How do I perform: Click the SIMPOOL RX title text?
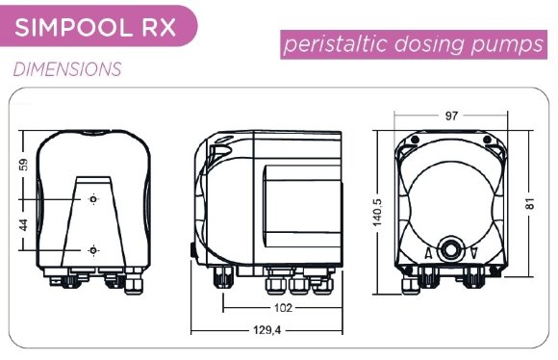(95, 27)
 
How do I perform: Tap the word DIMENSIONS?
(67, 69)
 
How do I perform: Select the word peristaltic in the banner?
(335, 44)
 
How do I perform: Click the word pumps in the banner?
(507, 45)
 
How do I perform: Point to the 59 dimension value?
(23, 165)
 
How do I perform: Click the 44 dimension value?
(23, 225)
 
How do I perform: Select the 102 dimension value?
(283, 308)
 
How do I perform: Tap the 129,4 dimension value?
(266, 330)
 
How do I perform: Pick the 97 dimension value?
(451, 116)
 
